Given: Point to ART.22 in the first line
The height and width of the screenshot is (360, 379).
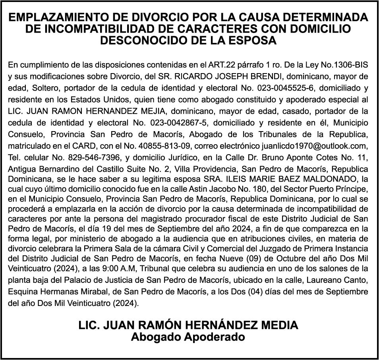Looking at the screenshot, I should tap(218, 64).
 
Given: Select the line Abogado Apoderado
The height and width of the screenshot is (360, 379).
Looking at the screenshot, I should tap(188, 337).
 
